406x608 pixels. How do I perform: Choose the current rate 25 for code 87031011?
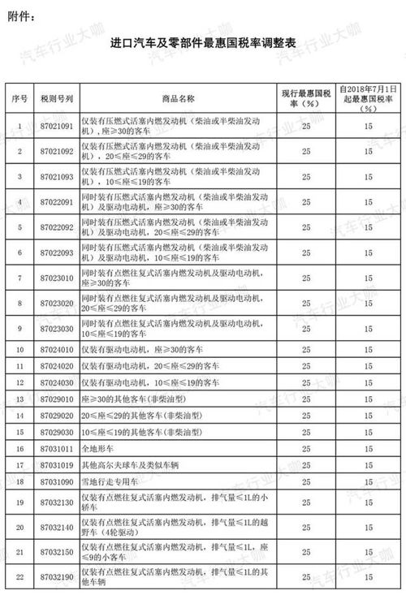point(305,447)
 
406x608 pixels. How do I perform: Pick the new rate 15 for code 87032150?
point(368,554)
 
